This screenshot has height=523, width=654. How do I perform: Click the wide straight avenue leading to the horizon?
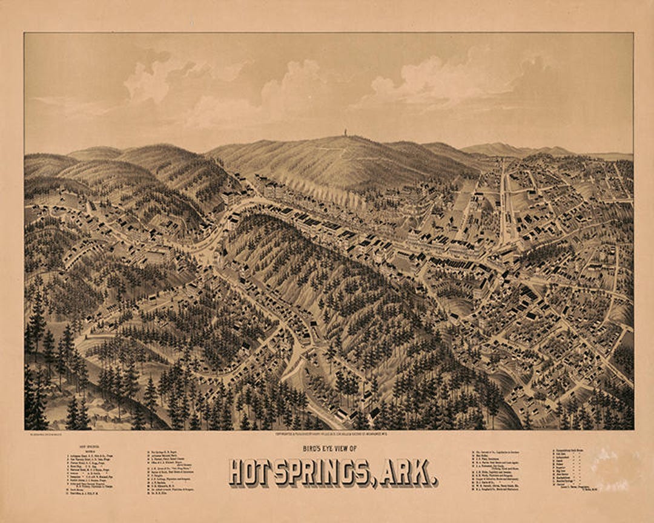coord(502,200)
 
